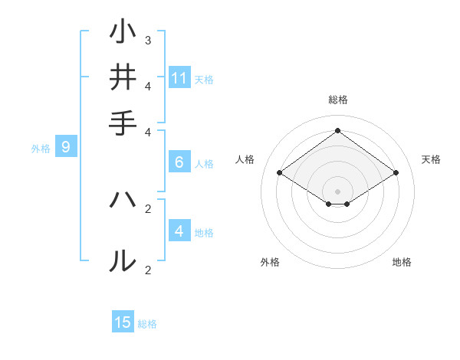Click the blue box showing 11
(x=179, y=78)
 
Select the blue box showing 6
(x=179, y=162)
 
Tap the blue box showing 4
(x=179, y=231)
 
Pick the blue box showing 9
(x=66, y=148)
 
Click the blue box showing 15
(x=123, y=322)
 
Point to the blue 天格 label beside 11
(x=204, y=79)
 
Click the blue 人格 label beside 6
(x=204, y=163)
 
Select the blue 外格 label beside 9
(x=41, y=149)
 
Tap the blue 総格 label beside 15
(x=147, y=323)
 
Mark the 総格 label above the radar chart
(x=337, y=100)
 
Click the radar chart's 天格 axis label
(x=431, y=159)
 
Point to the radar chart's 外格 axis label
(x=270, y=262)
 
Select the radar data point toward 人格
(x=280, y=173)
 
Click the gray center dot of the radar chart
(x=337, y=191)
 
